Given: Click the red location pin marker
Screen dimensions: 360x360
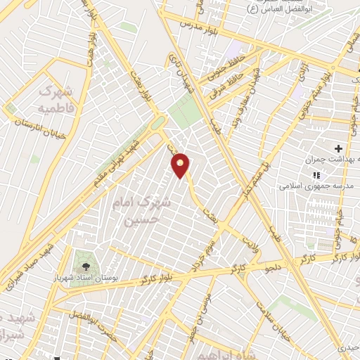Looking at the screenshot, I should click(181, 165).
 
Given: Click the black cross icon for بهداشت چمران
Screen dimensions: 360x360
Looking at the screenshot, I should click(339, 148).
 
